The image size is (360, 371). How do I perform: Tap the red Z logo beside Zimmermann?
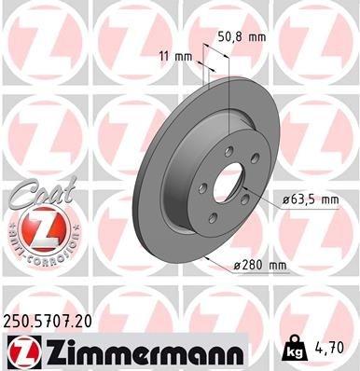pos(20,351)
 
